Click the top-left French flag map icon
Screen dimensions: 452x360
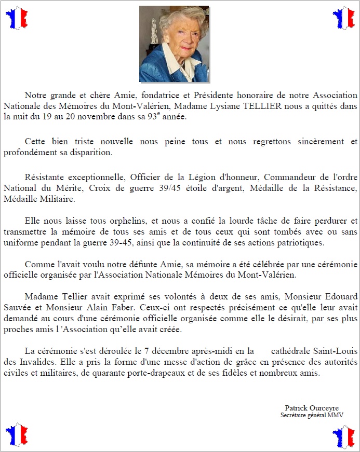[16, 18]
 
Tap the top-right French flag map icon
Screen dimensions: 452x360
[343, 18]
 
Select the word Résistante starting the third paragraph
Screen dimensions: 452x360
[46, 177]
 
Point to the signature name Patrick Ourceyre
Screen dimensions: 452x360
[311, 408]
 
